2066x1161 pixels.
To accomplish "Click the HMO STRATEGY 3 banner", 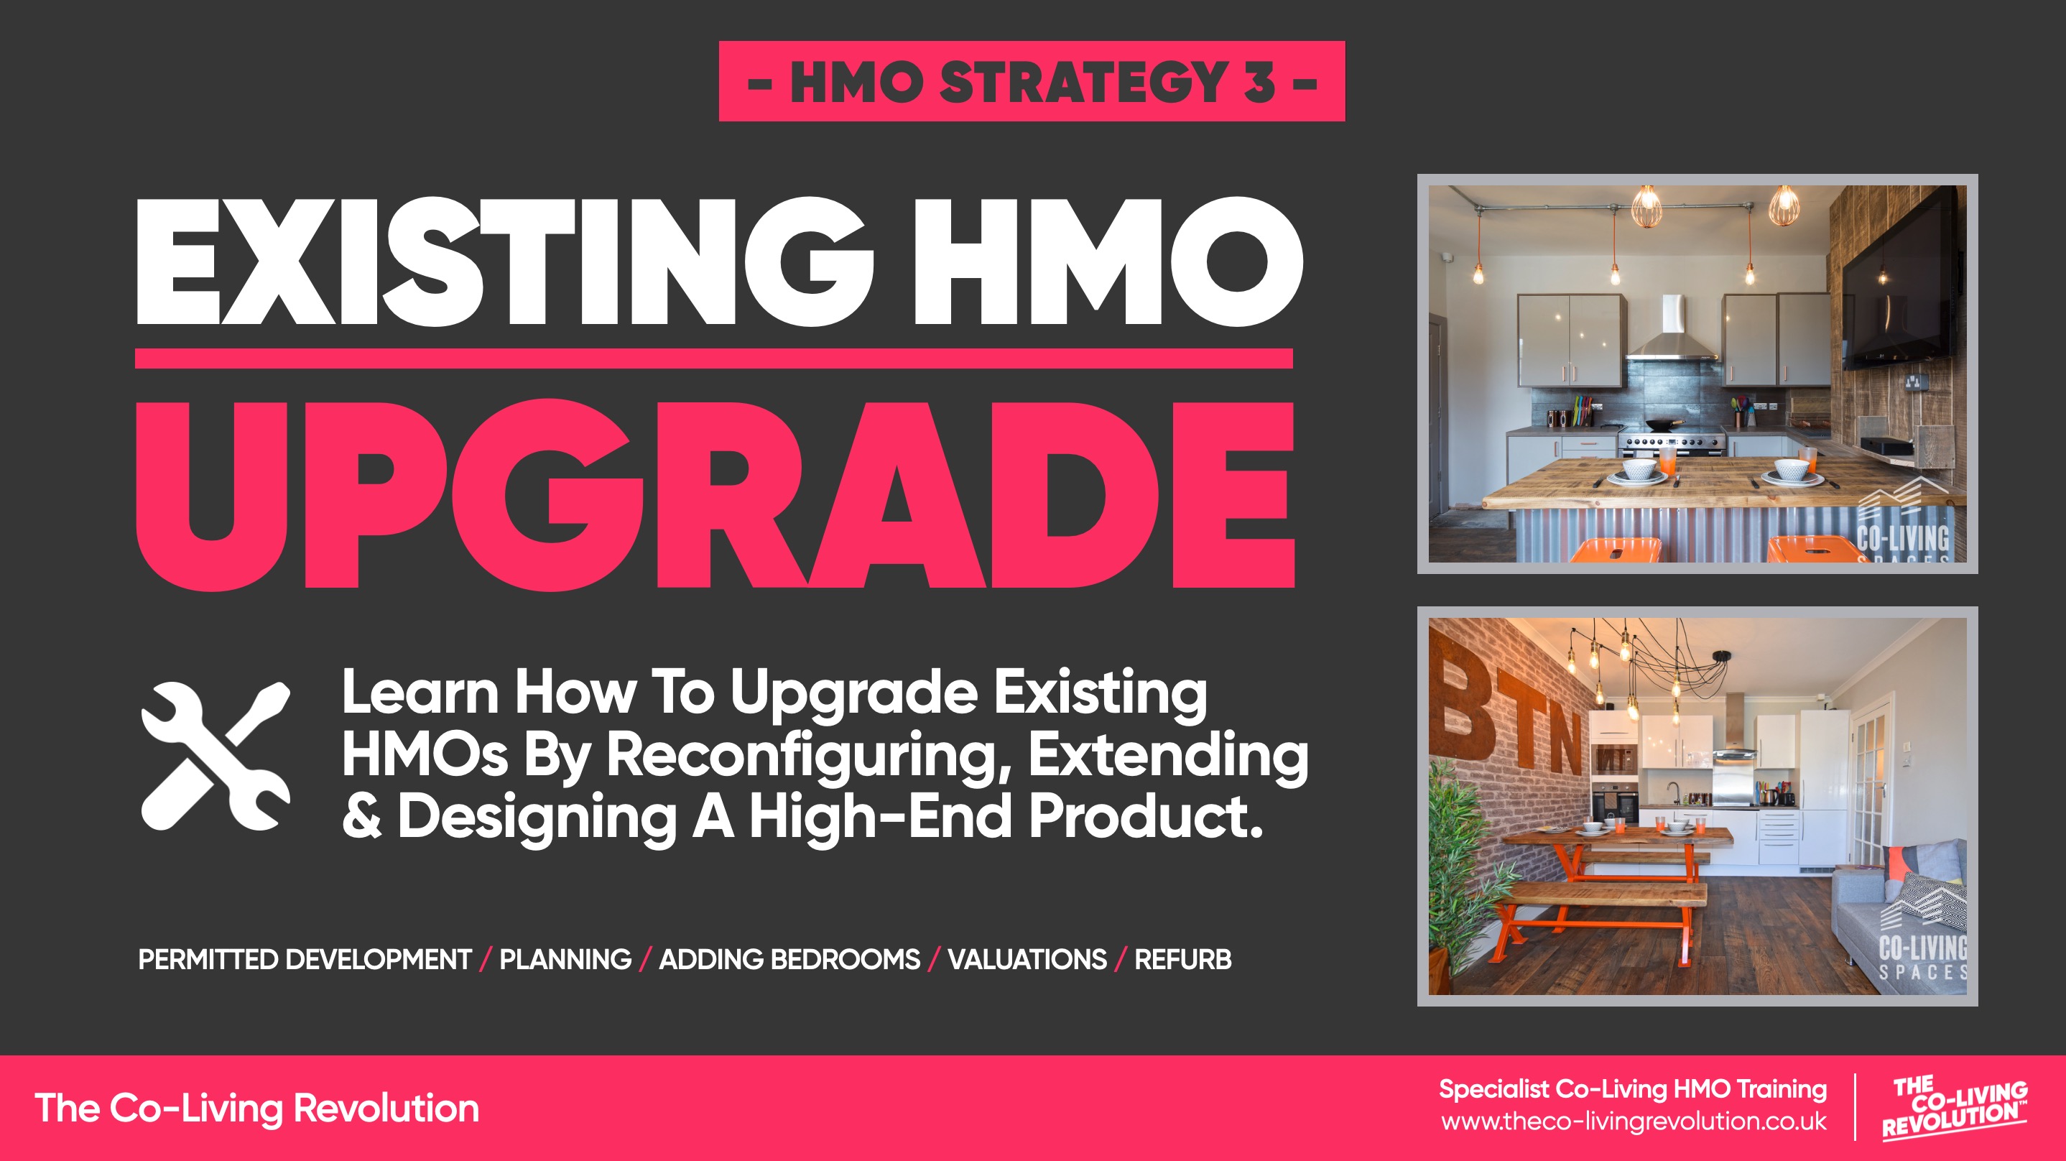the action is click(1032, 81).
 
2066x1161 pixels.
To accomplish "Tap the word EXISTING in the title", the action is click(504, 262).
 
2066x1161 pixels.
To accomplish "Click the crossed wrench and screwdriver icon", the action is click(216, 756).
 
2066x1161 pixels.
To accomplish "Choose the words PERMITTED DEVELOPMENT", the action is click(305, 960).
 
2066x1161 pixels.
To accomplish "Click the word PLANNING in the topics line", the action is click(565, 960).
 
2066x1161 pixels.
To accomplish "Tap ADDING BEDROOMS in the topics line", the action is click(789, 960).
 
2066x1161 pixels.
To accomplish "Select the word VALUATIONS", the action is click(1027, 960).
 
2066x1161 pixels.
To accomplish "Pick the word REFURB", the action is click(1182, 960).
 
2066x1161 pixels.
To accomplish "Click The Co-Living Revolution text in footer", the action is click(256, 1108).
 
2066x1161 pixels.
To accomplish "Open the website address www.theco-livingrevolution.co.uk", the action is click(1634, 1121).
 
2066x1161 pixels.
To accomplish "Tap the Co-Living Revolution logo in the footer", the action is click(1955, 1107).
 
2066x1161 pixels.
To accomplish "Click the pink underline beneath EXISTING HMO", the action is click(714, 359).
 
